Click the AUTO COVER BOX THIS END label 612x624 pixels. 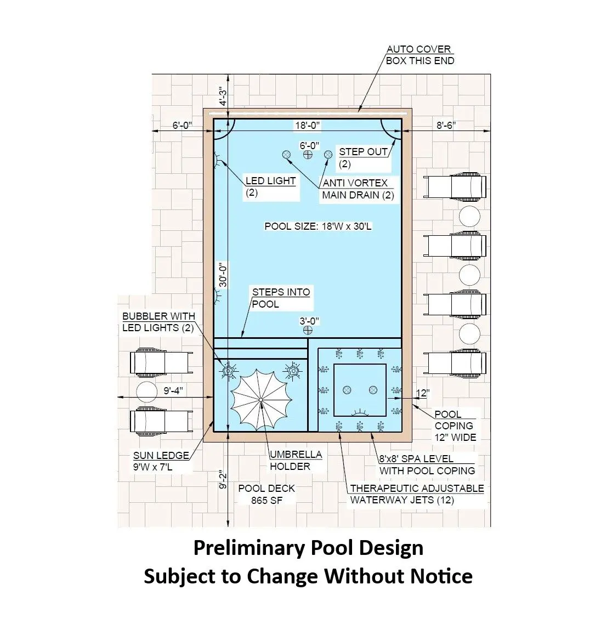(x=420, y=55)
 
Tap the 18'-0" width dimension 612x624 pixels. (x=307, y=126)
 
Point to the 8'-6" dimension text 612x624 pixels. (x=446, y=126)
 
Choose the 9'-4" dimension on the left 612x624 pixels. (x=173, y=391)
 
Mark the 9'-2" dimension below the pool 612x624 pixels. (x=223, y=480)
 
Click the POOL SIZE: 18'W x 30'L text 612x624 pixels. (x=318, y=226)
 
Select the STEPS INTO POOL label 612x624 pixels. (x=281, y=298)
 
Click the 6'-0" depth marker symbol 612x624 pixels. (x=308, y=155)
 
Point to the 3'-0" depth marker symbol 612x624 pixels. (x=308, y=330)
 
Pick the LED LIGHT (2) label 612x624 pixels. (x=270, y=186)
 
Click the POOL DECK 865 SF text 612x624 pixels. (x=267, y=494)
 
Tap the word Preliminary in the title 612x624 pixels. (x=249, y=548)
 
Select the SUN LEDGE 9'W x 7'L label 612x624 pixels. (x=161, y=461)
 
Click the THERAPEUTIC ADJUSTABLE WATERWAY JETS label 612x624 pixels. (x=417, y=494)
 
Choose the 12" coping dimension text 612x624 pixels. (x=423, y=393)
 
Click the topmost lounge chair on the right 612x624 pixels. (x=455, y=186)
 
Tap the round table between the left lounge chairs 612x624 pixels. (x=146, y=391)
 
